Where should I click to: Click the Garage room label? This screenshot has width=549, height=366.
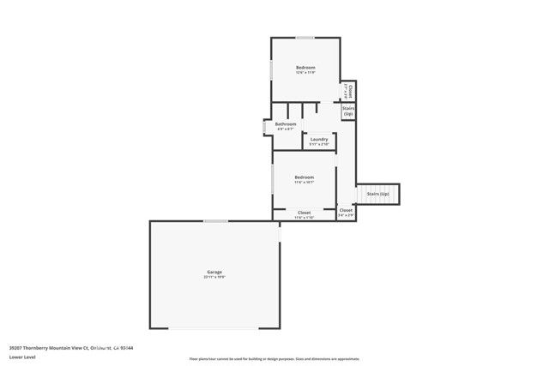pos(214,272)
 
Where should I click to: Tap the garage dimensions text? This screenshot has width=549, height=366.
pos(214,278)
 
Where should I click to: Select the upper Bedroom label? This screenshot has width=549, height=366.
pos(306,68)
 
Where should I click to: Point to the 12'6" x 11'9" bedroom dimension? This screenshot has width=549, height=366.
pos(306,74)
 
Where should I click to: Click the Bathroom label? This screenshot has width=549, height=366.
pos(286,124)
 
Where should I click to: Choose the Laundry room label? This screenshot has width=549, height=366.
pos(319,140)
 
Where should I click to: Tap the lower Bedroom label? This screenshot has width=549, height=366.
pos(305,177)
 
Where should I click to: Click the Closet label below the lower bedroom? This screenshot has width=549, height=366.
pos(305,212)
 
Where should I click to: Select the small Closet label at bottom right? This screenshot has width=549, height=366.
pos(346,210)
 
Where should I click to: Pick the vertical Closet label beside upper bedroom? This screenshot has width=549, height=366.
pos(350,89)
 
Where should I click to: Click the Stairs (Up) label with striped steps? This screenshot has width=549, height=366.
pos(377,195)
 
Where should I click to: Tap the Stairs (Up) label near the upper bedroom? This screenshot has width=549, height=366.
pos(348,111)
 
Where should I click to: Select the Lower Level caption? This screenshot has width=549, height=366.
pos(21,358)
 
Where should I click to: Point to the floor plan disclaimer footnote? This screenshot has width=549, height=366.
pos(274,359)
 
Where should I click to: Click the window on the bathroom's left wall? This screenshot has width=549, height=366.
pos(264,127)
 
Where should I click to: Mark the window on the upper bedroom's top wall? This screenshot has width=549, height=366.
pos(305,37)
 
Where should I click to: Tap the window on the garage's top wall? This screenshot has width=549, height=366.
pos(215,221)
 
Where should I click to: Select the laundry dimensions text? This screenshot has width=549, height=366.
pos(319,145)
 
